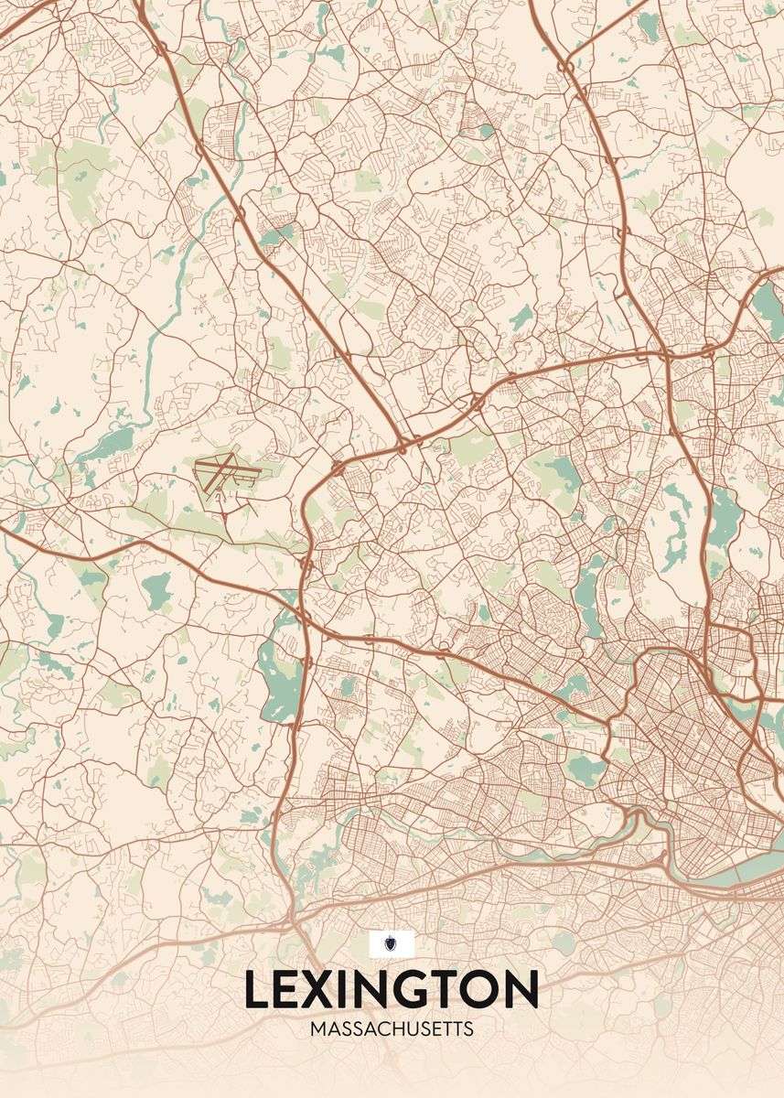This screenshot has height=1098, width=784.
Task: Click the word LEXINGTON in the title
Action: (x=392, y=990)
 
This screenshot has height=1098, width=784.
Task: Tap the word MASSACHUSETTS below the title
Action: (x=392, y=1029)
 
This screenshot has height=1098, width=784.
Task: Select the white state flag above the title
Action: (x=392, y=943)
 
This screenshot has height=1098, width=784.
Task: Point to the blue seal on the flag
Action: (x=392, y=943)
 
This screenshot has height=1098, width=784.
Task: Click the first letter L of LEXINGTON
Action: (x=256, y=990)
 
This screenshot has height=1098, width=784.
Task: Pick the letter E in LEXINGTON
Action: (x=291, y=990)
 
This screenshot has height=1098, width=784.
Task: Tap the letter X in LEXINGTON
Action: (x=327, y=990)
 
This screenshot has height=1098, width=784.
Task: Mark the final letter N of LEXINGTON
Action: (x=523, y=990)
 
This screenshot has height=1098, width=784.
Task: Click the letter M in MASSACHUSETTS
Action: (x=317, y=1029)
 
